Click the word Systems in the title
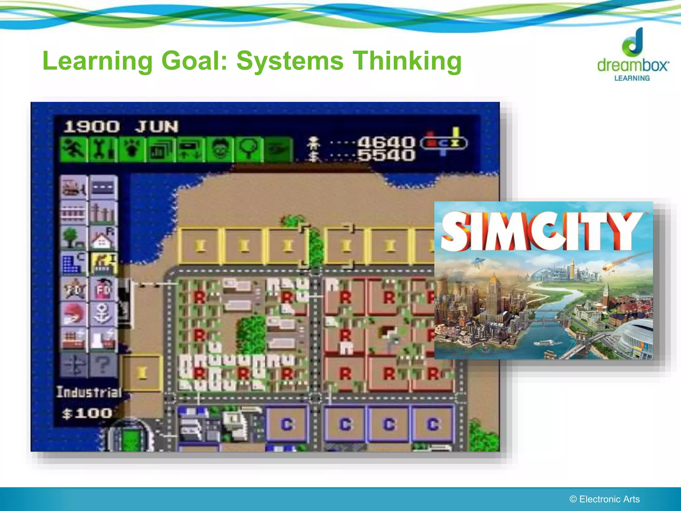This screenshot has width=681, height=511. tap(290, 61)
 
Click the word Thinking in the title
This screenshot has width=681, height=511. tap(407, 62)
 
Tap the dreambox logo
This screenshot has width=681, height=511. tap(633, 55)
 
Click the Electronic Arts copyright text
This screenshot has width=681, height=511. tap(605, 499)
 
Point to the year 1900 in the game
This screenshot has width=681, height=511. tap(91, 127)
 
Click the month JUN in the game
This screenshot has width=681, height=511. tap(157, 127)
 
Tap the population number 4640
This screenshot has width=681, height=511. tap(386, 142)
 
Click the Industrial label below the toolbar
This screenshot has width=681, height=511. tap(89, 392)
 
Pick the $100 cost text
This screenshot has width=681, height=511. tap(87, 414)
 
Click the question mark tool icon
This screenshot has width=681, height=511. tap(103, 365)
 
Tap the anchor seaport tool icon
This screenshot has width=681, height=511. tap(103, 314)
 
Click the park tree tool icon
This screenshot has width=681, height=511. tap(73, 238)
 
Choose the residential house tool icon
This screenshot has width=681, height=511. tap(103, 238)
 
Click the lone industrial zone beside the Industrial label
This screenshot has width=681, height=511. tap(142, 373)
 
